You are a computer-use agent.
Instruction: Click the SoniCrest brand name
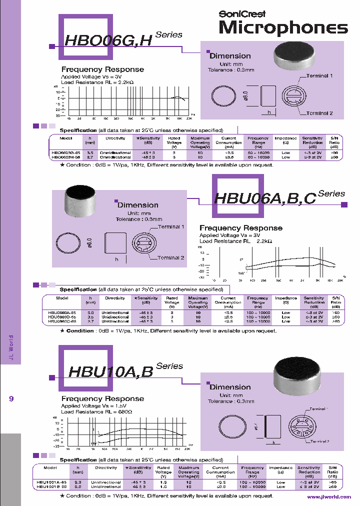pos(242,14)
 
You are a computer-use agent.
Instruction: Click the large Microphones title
pos(283,28)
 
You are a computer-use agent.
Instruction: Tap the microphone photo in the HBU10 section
pos(297,373)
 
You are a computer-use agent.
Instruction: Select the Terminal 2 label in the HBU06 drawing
pos(171,258)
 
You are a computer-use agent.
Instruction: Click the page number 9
pos(11,398)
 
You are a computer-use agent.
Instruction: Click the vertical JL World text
pos(11,348)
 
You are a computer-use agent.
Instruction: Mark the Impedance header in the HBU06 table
pos(285,298)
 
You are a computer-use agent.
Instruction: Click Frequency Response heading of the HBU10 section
pos(102,398)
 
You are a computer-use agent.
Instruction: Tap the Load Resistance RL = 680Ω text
pos(96,412)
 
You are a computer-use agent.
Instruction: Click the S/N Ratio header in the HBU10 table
pos(332,472)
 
